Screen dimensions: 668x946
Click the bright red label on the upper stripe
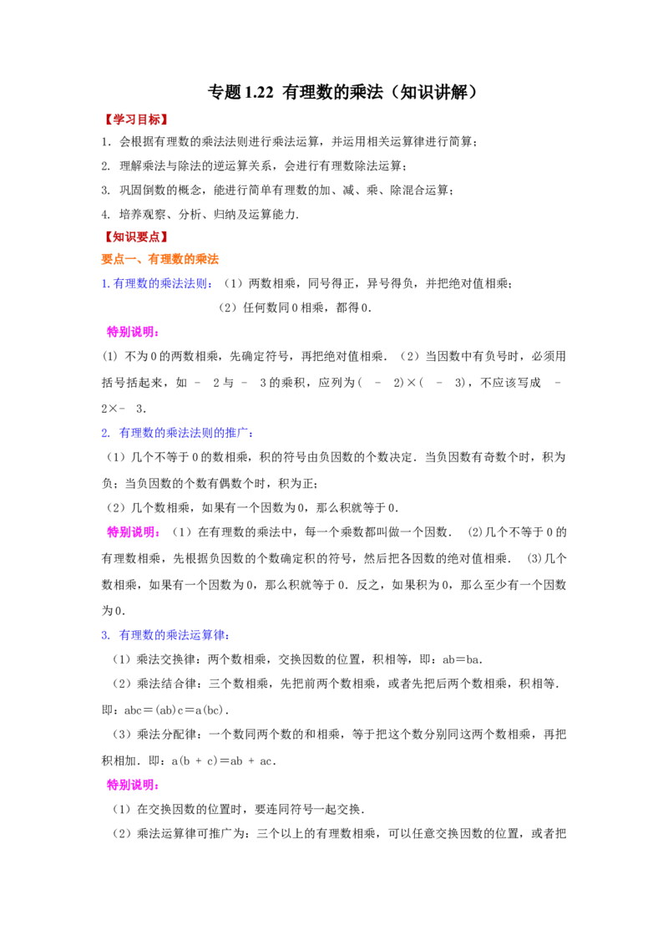click(136, 120)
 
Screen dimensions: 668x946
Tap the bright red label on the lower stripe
click(136, 237)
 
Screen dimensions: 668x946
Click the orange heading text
click(160, 259)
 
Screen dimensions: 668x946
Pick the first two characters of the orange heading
click(113, 259)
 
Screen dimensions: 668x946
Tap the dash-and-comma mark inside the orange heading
click(136, 260)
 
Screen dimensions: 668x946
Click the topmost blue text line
click(157, 284)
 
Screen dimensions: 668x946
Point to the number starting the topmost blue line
click(104, 284)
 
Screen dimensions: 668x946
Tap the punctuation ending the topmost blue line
click(210, 287)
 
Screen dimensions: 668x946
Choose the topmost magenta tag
click(132, 333)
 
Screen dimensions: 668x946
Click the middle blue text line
click(176, 433)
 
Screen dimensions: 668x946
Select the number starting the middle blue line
click(104, 434)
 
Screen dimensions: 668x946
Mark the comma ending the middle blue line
click(250, 435)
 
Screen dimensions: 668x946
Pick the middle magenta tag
click(133, 531)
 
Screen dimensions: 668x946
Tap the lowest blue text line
click(165, 635)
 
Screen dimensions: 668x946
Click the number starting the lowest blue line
click(104, 636)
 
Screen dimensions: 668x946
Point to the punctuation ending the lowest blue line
click(228, 638)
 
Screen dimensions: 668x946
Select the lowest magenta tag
click(132, 786)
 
